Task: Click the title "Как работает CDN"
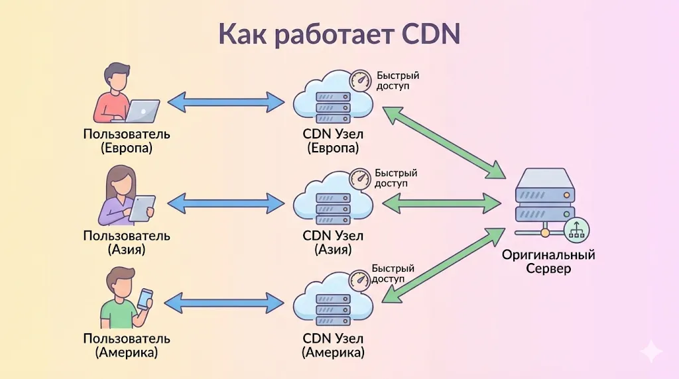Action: coord(339,34)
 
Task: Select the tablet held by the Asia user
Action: coord(141,208)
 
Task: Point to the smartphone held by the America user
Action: coord(145,299)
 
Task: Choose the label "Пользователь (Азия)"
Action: coord(127,243)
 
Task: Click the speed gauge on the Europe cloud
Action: coord(361,80)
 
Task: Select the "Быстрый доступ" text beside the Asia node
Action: coord(396,178)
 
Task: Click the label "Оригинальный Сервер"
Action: coord(548,262)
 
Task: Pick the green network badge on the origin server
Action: coord(576,229)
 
